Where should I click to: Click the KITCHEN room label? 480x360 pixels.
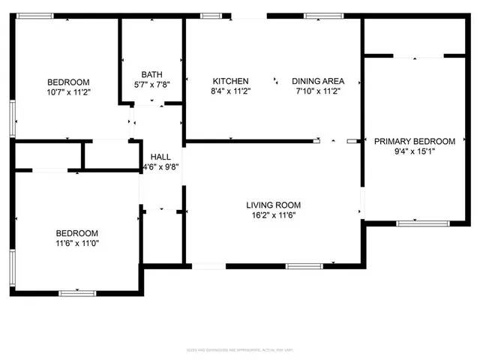click(x=230, y=81)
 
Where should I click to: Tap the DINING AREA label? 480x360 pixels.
click(x=318, y=81)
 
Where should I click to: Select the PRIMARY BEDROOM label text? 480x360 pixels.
click(x=415, y=141)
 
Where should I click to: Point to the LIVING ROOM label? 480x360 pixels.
click(x=274, y=205)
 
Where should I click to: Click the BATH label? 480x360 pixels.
click(x=152, y=74)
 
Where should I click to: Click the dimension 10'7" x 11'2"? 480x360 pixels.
click(x=68, y=92)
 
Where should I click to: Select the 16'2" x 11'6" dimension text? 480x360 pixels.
click(x=274, y=214)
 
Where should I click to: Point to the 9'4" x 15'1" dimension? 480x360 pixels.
click(x=415, y=151)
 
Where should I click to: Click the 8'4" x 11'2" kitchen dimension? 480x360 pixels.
click(x=230, y=91)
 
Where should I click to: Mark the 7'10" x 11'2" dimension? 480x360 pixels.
click(x=318, y=91)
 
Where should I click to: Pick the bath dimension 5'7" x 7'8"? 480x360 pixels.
click(x=152, y=84)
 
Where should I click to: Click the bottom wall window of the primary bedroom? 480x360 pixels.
click(x=418, y=223)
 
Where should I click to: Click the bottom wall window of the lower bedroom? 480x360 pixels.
click(x=75, y=292)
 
